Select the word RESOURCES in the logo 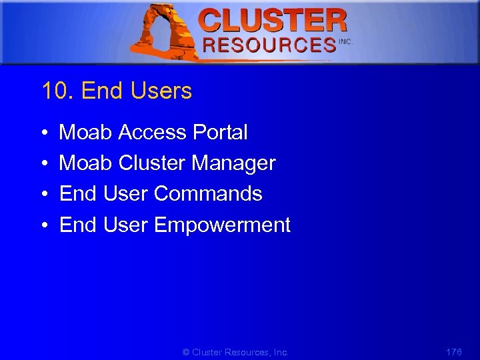pos(269,45)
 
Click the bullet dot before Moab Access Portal pos(43,133)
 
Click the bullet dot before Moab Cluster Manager pos(43,164)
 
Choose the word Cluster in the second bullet pos(152,163)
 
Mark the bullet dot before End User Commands pos(43,195)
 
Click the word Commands pos(208,194)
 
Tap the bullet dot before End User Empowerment pos(43,226)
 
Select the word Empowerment pos(222,225)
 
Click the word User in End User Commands pos(126,194)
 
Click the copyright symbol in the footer pos(186,352)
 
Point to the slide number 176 pos(453,351)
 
